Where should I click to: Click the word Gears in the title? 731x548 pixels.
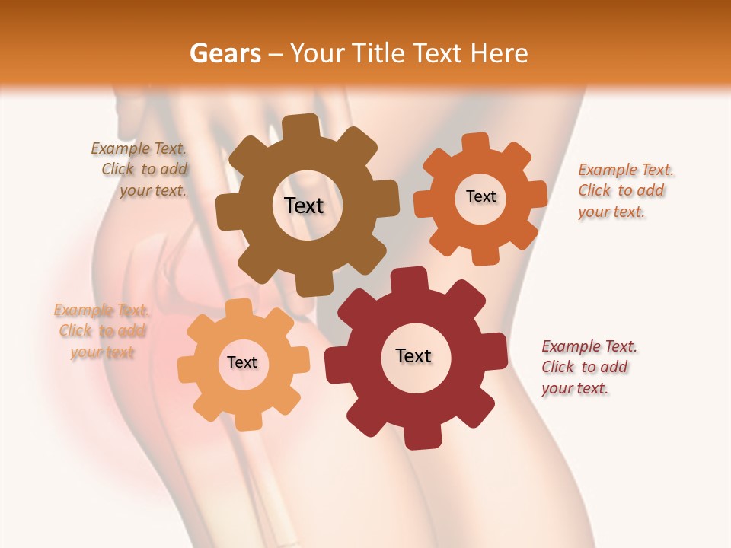225,53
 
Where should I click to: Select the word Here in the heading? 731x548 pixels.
499,53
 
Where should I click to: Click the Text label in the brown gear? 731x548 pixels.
304,205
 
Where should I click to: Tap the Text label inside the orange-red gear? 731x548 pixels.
480,196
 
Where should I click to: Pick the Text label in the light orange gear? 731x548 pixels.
242,362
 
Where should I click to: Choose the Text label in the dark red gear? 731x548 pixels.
413,355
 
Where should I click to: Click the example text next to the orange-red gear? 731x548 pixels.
624,191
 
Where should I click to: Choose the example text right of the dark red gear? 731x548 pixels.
588,367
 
